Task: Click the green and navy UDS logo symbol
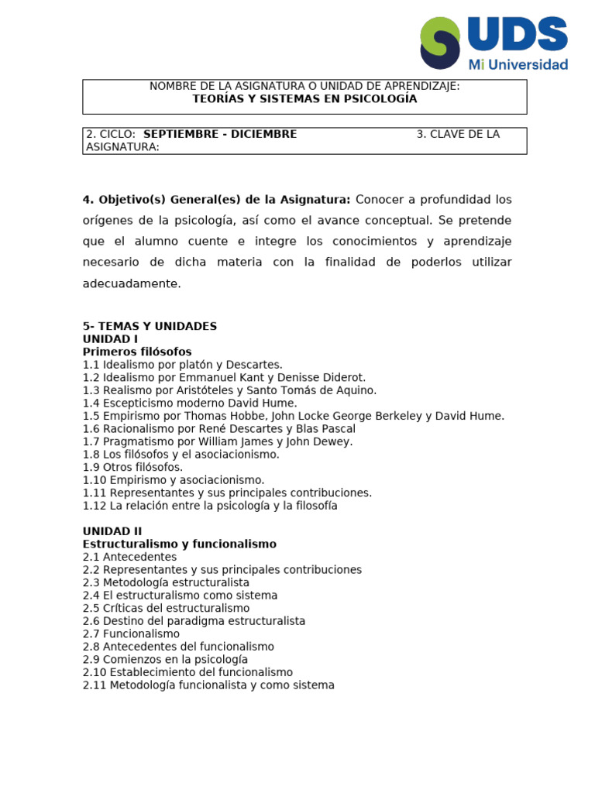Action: pyautogui.click(x=439, y=43)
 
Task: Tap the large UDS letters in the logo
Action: pyautogui.click(x=518, y=35)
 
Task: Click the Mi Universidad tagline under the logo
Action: pyautogui.click(x=518, y=64)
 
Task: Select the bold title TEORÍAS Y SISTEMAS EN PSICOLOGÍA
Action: pyautogui.click(x=304, y=99)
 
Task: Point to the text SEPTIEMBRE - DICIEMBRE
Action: pyautogui.click(x=220, y=134)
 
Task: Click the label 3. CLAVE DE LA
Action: pyautogui.click(x=458, y=134)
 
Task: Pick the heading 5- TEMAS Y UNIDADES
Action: pyautogui.click(x=150, y=326)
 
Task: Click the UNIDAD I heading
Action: pyautogui.click(x=110, y=339)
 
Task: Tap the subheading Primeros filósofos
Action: pyautogui.click(x=137, y=352)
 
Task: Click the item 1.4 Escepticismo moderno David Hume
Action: pyautogui.click(x=190, y=403)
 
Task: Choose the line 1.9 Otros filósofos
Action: pyautogui.click(x=132, y=467)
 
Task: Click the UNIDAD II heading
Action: pyautogui.click(x=112, y=531)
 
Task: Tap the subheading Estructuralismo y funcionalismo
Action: pyautogui.click(x=179, y=544)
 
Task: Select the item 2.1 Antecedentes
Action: pyautogui.click(x=129, y=557)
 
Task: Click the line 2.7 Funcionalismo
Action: pyautogui.click(x=131, y=633)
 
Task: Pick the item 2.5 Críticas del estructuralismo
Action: pyautogui.click(x=166, y=608)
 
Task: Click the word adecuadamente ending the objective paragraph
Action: pyautogui.click(x=131, y=283)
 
